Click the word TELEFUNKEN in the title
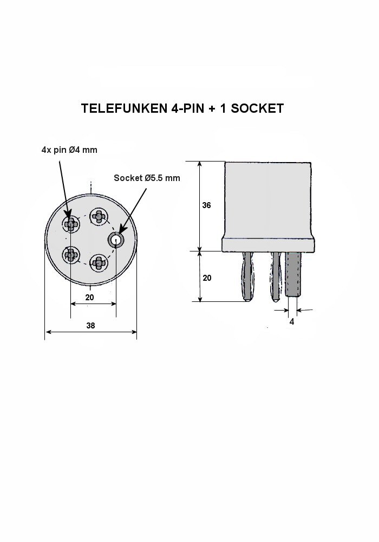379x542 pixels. pos(125,108)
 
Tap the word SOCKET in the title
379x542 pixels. pos(257,108)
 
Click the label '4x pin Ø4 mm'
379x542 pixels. pos(69,150)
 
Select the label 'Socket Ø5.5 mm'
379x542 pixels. pos(147,178)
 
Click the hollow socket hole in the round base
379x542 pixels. pos(116,240)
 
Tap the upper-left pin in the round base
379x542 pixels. pos(71,224)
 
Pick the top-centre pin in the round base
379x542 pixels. pos(99,216)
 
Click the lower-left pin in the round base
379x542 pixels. pos(71,255)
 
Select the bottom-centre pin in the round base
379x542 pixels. pos(99,263)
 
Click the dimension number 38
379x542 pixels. pos(90,326)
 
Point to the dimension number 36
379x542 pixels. pos(206,205)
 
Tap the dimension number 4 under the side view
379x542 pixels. pos(292,322)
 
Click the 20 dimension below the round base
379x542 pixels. pos(90,297)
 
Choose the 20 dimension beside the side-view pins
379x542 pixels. pos(207,278)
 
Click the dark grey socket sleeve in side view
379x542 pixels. pos(293,273)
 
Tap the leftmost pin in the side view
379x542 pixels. pos(247,276)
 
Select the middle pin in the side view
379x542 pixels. pos(276,276)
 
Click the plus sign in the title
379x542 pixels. pos(211,108)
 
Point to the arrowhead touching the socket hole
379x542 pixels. pos(122,229)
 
